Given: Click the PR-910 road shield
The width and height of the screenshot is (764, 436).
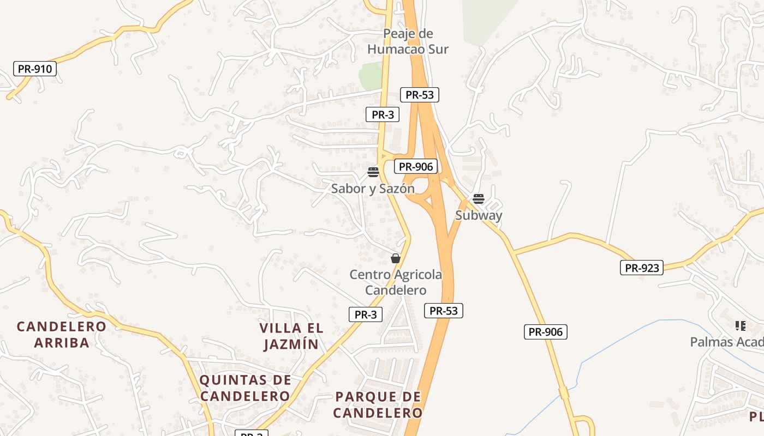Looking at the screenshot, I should pyautogui.click(x=35, y=69).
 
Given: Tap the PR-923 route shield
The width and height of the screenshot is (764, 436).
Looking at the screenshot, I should pyautogui.click(x=641, y=268).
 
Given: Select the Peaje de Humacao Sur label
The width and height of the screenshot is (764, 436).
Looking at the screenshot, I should pyautogui.click(x=408, y=41).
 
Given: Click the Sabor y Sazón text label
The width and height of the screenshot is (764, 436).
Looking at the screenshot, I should pyautogui.click(x=373, y=189).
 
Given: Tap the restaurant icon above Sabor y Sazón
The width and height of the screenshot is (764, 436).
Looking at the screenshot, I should pyautogui.click(x=373, y=173).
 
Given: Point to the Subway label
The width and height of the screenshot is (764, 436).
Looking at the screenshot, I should pyautogui.click(x=479, y=215).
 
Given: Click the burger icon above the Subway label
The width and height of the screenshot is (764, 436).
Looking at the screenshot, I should pyautogui.click(x=479, y=199).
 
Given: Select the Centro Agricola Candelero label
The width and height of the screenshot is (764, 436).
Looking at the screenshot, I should pyautogui.click(x=396, y=282).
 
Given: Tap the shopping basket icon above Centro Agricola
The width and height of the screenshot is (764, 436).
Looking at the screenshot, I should pyautogui.click(x=396, y=258).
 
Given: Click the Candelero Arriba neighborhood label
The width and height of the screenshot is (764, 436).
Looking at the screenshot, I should pyautogui.click(x=61, y=335).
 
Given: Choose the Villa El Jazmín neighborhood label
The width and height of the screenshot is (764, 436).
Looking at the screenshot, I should pyautogui.click(x=291, y=336).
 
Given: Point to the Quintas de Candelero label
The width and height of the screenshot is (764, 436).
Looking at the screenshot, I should pyautogui.click(x=244, y=388).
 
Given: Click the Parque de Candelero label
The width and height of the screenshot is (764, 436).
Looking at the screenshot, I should pyautogui.click(x=378, y=405).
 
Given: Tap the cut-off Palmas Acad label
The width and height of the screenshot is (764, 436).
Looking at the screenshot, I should pyautogui.click(x=726, y=342).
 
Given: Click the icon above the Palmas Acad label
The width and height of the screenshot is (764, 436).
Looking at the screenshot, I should pyautogui.click(x=740, y=326).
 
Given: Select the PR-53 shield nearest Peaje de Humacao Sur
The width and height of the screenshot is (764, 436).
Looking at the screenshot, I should pyautogui.click(x=419, y=94).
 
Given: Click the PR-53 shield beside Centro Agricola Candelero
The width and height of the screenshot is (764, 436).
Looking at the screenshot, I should pyautogui.click(x=443, y=311).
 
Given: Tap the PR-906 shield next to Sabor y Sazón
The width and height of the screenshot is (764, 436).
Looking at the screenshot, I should pyautogui.click(x=416, y=167).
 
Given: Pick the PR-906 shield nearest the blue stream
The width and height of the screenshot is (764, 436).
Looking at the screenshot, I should pyautogui.click(x=545, y=331).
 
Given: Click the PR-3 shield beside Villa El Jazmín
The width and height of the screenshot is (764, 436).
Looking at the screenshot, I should pyautogui.click(x=365, y=314).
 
